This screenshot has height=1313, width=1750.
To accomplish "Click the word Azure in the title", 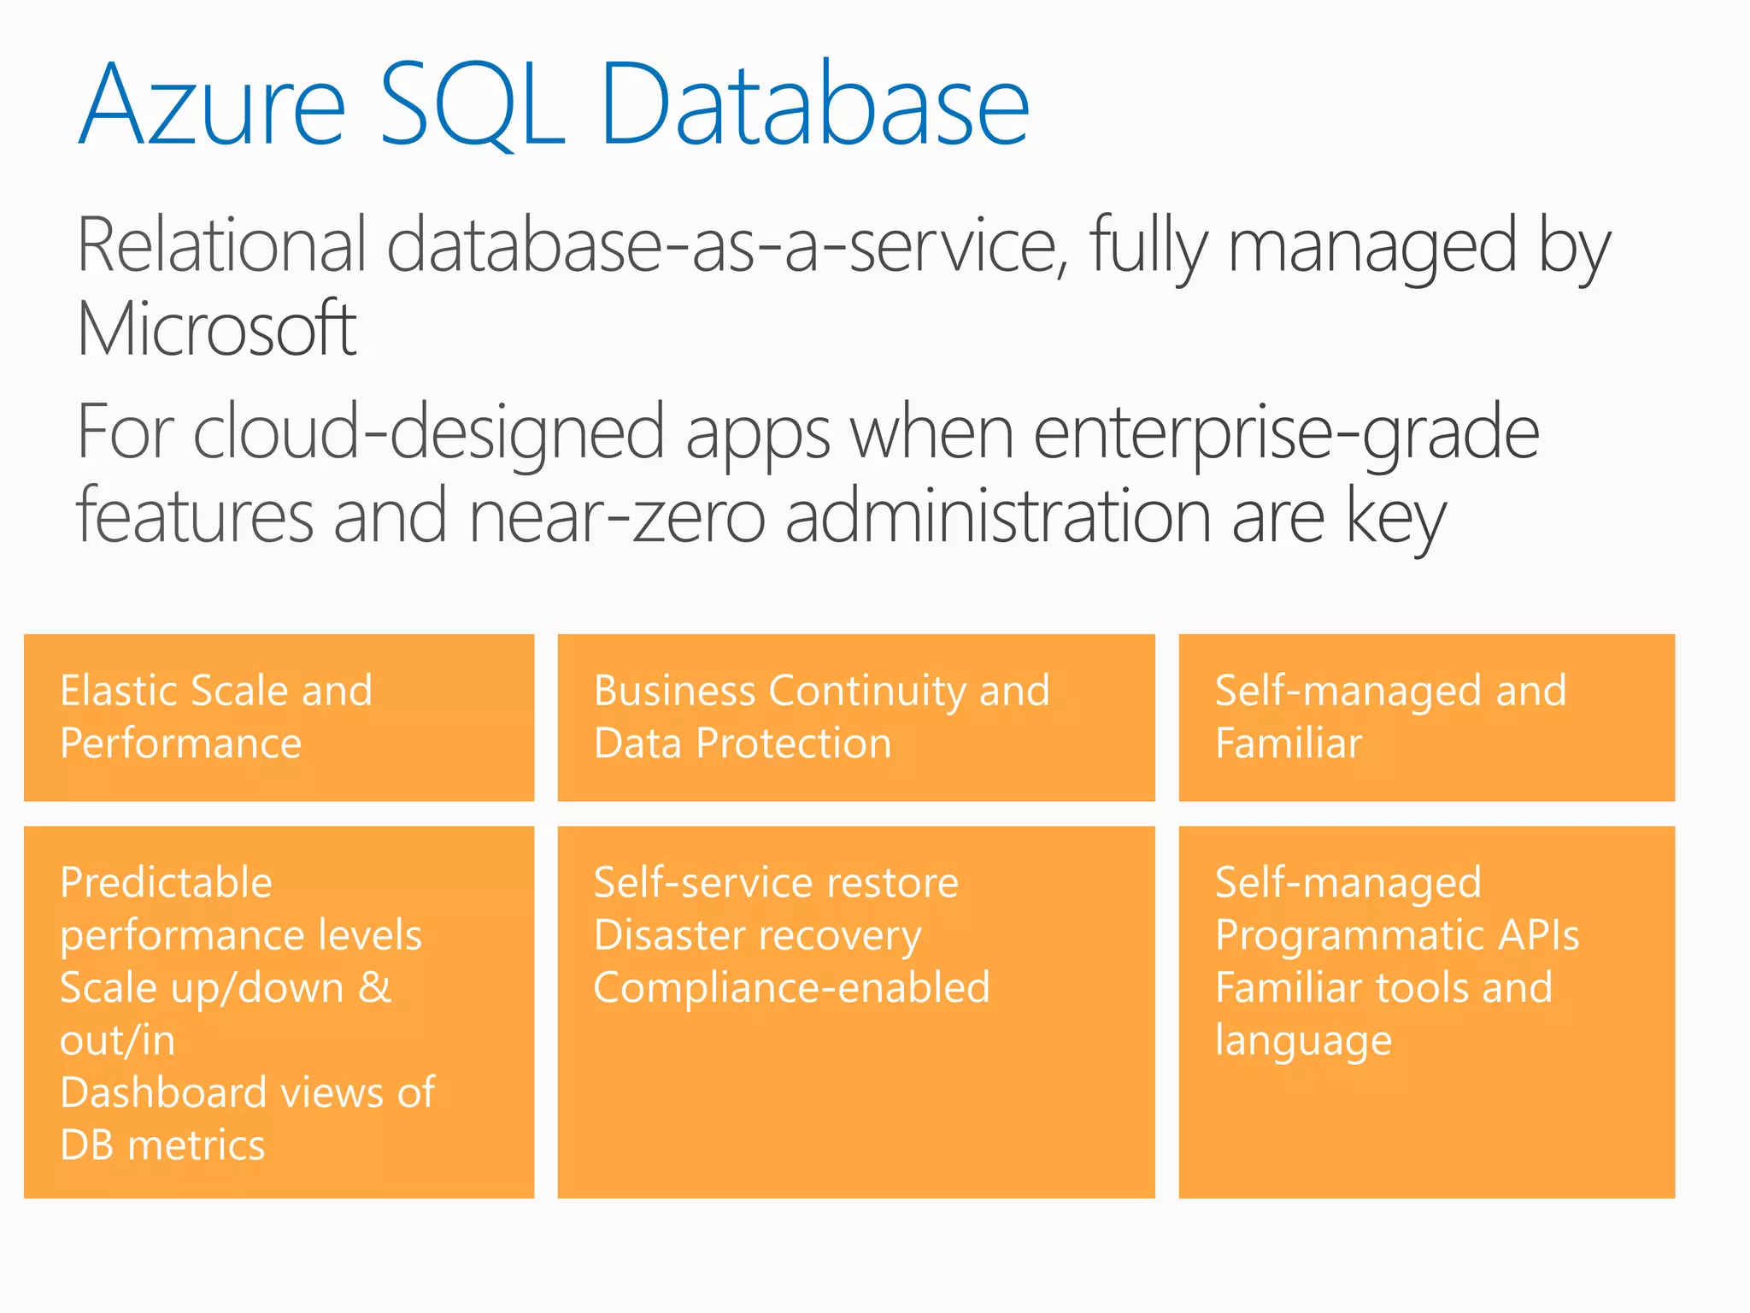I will tap(213, 106).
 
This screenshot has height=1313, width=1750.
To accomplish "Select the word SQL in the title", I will tap(471, 106).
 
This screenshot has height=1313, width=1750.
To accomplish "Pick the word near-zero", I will tap(616, 517).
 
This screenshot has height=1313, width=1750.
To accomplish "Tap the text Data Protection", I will tap(743, 743).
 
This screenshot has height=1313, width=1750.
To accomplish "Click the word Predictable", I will tap(166, 882).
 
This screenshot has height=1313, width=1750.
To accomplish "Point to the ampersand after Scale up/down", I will tap(374, 987).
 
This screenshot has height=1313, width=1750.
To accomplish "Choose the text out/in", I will tap(118, 1040).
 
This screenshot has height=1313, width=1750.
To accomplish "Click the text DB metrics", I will tap(162, 1145).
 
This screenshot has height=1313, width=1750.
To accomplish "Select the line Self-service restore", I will tap(776, 882).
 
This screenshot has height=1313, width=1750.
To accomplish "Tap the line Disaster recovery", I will tap(757, 935).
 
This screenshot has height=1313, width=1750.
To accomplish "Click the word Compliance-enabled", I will tap(791, 988).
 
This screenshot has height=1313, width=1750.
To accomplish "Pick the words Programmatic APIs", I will tap(1397, 935).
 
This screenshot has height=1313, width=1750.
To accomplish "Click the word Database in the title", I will tap(814, 106).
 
